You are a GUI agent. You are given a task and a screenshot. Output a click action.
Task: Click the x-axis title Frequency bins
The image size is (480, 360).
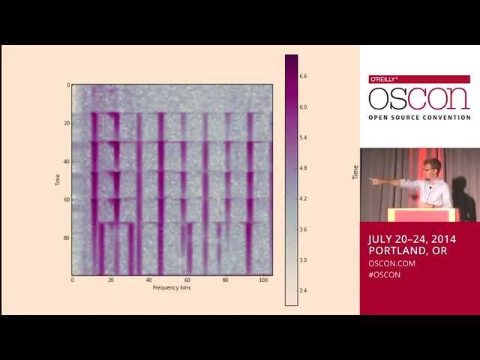(172, 287)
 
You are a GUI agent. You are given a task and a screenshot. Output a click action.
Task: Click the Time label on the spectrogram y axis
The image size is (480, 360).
(57, 180)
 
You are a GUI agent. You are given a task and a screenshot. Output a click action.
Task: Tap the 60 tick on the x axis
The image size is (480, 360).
(187, 280)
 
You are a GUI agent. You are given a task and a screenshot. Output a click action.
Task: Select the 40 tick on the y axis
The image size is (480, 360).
(66, 161)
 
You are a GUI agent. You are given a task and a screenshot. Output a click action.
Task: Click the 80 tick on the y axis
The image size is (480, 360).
(66, 238)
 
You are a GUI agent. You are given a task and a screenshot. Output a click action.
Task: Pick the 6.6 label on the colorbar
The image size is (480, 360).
(303, 76)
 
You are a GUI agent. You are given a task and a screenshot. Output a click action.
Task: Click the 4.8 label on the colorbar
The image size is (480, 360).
(303, 169)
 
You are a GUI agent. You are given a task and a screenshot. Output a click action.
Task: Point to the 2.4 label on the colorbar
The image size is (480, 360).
(303, 291)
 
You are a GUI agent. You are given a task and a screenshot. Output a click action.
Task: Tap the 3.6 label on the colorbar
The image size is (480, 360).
(303, 229)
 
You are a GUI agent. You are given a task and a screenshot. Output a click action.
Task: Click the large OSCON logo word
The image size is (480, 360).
(419, 98)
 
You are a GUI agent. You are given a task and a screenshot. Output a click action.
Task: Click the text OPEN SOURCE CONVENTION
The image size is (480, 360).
(419, 117)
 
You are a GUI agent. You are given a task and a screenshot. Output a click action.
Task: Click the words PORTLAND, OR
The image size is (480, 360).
(407, 251)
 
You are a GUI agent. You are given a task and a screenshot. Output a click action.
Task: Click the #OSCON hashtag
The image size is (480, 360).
(384, 274)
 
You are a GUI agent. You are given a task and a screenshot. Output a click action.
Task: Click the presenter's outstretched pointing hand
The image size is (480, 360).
(373, 181)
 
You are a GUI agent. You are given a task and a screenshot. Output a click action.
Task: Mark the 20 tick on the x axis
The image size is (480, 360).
(111, 280)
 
